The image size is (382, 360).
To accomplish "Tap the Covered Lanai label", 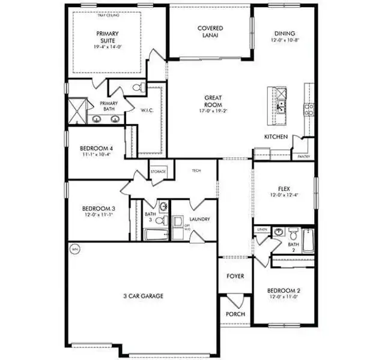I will (x=210, y=32).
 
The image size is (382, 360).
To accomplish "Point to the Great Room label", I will (x=214, y=101).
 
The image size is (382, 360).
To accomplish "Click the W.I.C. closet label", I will (x=148, y=110).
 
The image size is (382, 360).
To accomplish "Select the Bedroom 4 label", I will (x=96, y=148).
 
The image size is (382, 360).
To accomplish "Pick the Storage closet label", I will (x=158, y=172).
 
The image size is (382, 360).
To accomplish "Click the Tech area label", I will (x=196, y=171).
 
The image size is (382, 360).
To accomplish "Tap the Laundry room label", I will (x=199, y=220).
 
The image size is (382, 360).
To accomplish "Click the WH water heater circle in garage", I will (x=75, y=250).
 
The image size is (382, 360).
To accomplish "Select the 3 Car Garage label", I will (x=144, y=296).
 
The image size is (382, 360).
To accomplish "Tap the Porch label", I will (x=235, y=314).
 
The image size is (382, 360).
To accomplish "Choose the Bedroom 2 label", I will (x=282, y=292).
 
